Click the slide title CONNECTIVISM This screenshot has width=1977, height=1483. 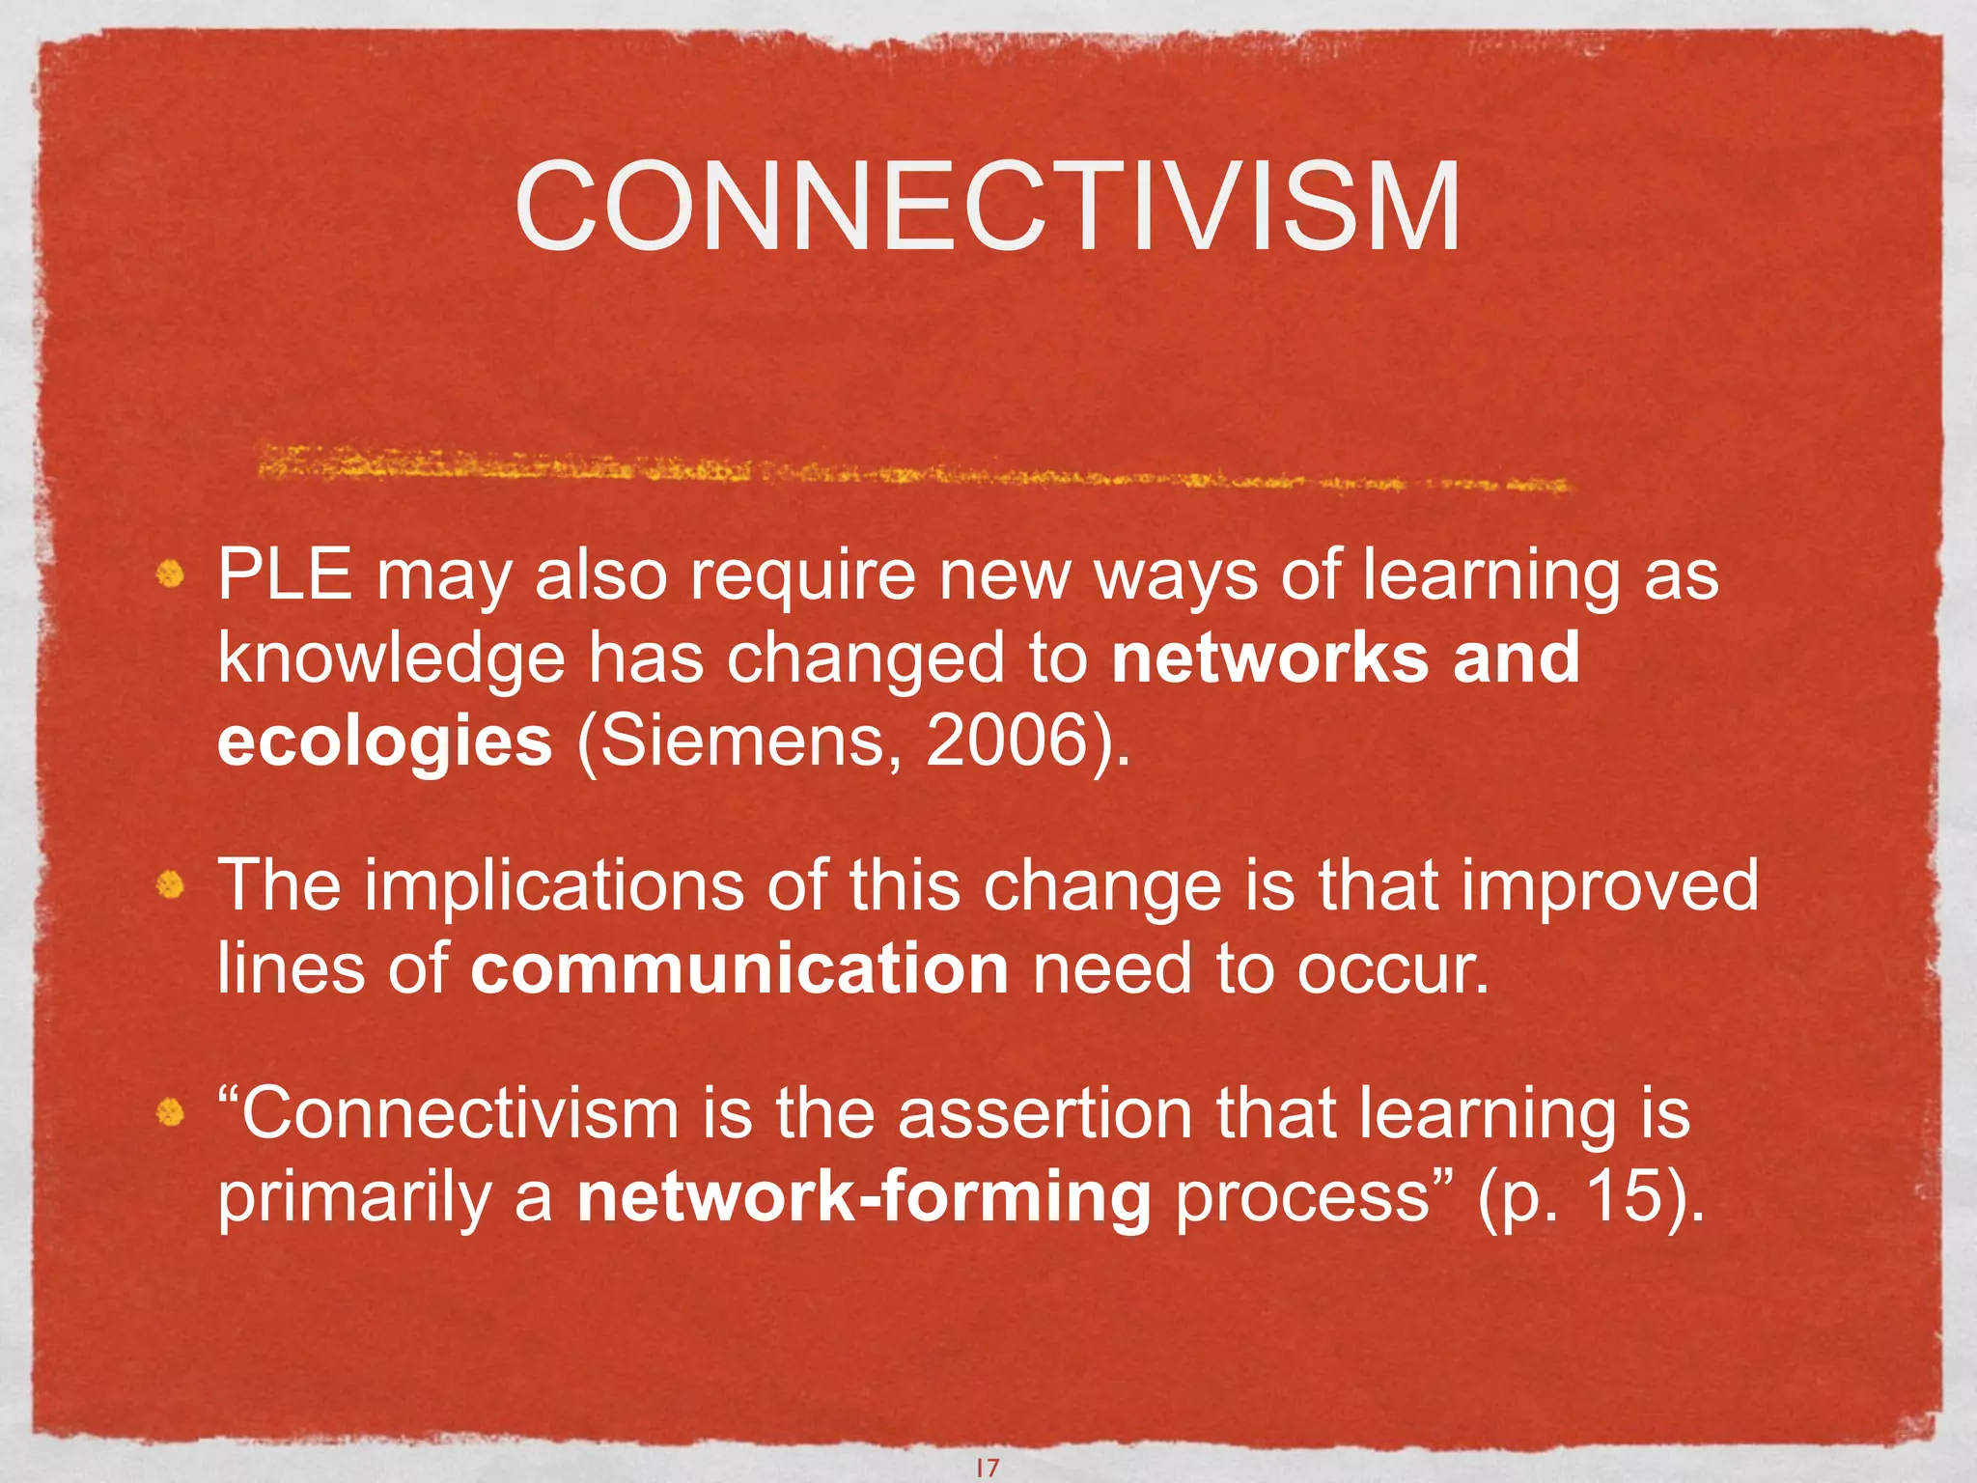(x=988, y=208)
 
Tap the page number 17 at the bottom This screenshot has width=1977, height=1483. (x=988, y=1468)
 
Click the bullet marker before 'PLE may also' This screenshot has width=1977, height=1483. (x=171, y=576)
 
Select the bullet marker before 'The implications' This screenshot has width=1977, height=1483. (x=171, y=885)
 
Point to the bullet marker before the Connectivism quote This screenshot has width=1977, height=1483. (x=171, y=1114)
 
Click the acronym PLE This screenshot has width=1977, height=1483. (x=285, y=576)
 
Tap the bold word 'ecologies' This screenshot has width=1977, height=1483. (x=385, y=741)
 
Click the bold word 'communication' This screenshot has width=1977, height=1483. (x=739, y=969)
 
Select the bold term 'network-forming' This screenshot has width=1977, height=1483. (x=864, y=1197)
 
